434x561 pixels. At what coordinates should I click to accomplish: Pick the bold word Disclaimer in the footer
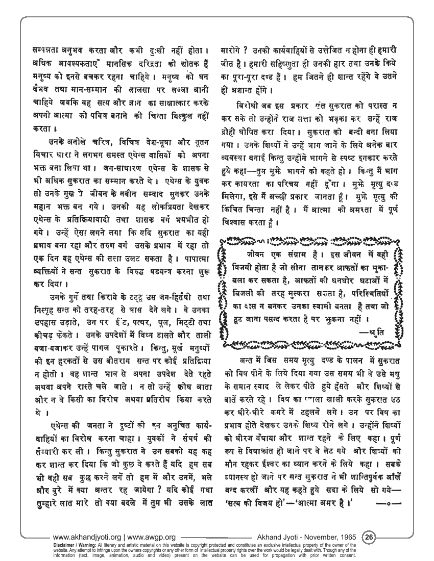(62, 544)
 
